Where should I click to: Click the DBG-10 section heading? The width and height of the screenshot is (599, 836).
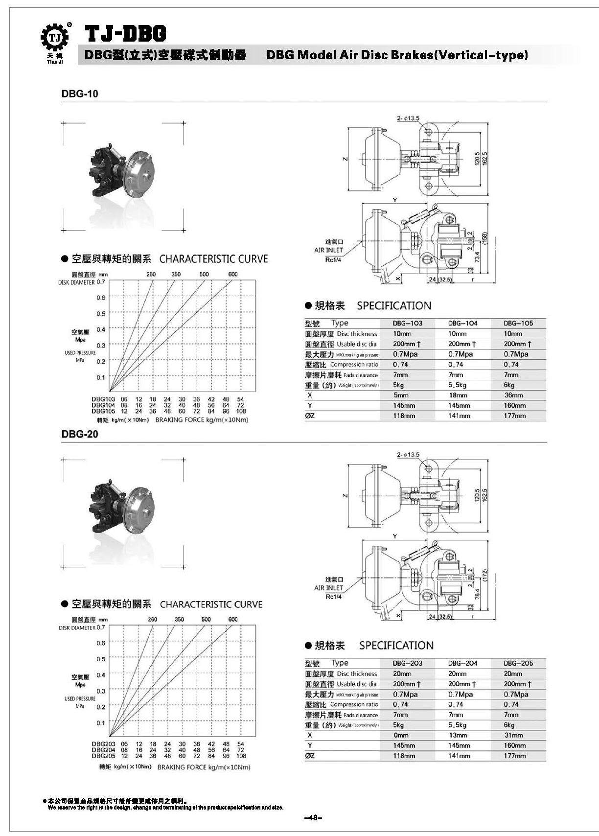(x=80, y=94)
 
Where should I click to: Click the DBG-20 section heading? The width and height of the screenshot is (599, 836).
(x=80, y=434)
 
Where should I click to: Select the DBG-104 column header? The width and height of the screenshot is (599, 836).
(x=462, y=323)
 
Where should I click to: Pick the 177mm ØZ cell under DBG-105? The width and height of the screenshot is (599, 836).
(x=514, y=416)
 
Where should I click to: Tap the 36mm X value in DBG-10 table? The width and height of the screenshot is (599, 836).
(x=513, y=395)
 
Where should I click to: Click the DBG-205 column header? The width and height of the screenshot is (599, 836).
(x=518, y=663)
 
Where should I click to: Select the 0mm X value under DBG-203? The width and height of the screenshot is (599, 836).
(x=400, y=735)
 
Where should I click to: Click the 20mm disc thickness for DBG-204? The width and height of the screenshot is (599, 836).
(x=457, y=673)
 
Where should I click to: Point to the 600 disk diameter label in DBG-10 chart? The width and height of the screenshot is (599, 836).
(x=233, y=274)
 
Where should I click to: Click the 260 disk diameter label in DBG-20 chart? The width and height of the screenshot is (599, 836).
(x=152, y=619)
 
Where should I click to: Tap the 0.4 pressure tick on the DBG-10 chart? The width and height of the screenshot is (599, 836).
(x=100, y=329)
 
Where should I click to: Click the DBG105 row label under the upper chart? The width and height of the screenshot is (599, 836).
(x=103, y=412)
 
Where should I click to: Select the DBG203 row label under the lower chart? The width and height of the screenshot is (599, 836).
(x=103, y=743)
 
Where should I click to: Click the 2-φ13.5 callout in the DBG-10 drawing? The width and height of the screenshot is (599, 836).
(x=408, y=118)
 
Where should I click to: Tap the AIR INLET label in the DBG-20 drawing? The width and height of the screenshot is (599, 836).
(x=328, y=588)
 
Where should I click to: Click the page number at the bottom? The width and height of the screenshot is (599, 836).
(x=313, y=817)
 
